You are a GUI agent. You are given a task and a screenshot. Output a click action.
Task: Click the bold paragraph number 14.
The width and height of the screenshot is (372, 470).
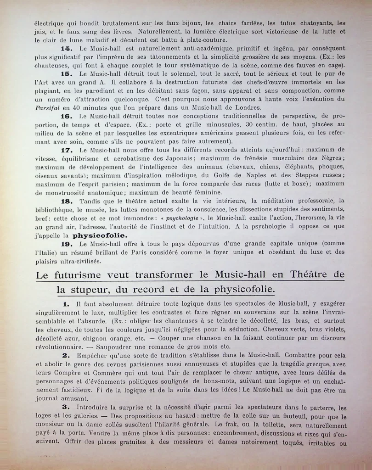coord(66,48)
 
